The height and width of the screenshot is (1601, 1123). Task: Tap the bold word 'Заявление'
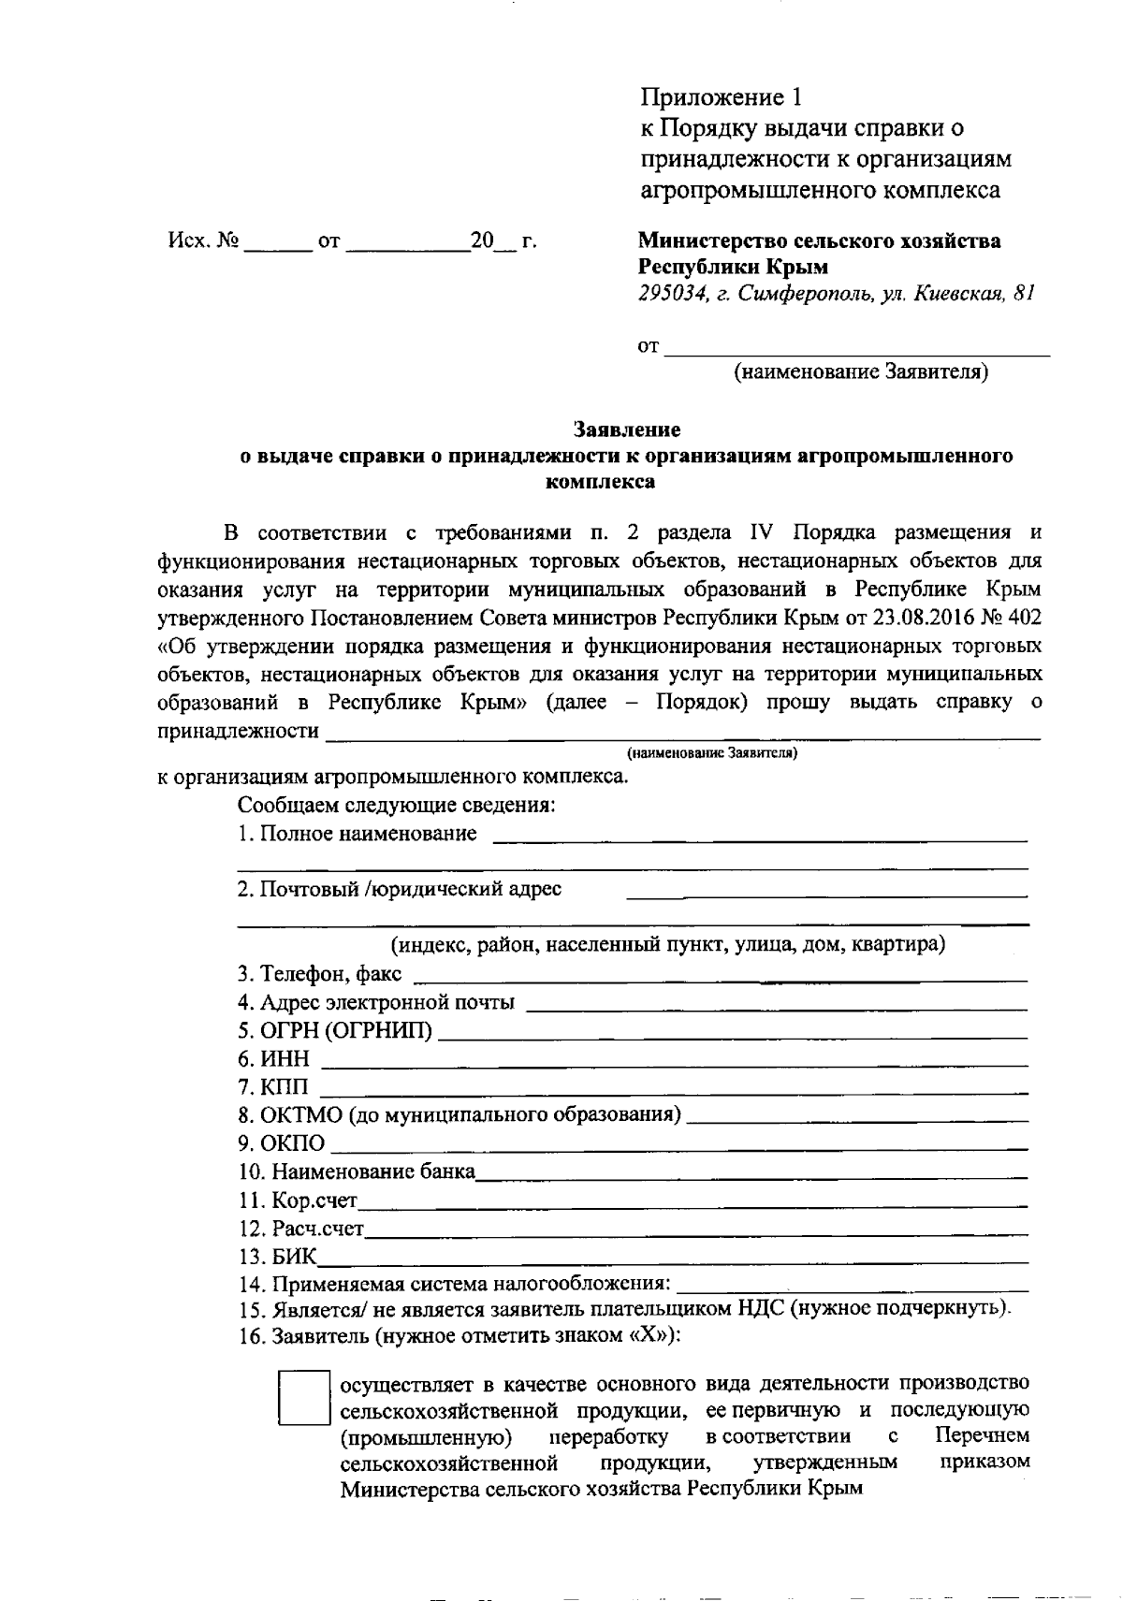coord(627,430)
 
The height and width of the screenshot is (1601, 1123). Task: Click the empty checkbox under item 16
coord(304,1398)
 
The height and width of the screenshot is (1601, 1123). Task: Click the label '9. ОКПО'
coord(282,1143)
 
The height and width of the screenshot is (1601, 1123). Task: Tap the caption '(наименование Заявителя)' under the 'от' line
coord(860,372)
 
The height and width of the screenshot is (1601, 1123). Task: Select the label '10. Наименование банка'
coord(357,1172)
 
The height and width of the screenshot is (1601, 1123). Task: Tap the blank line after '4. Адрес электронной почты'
coord(777,1007)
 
